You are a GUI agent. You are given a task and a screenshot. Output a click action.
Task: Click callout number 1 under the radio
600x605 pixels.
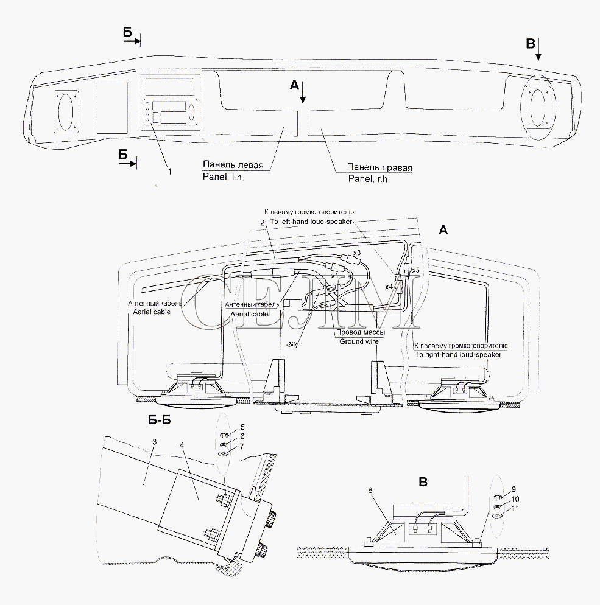click(x=170, y=172)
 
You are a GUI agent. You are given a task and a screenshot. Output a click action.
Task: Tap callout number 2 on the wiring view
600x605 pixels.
click(x=261, y=223)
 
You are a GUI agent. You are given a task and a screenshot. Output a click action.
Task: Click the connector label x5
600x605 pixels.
click(x=416, y=270)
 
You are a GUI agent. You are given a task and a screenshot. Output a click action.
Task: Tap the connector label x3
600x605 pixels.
click(x=358, y=253)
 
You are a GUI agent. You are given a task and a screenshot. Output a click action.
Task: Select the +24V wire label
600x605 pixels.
click(x=291, y=344)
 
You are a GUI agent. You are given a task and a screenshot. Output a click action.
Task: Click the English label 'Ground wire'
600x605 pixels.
click(x=359, y=341)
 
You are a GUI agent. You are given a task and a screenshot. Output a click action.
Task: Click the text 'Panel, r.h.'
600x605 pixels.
click(x=369, y=179)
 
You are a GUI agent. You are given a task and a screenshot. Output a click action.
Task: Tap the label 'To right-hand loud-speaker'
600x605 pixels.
click(x=458, y=354)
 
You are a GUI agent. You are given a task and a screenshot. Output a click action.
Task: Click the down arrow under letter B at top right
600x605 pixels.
click(x=538, y=55)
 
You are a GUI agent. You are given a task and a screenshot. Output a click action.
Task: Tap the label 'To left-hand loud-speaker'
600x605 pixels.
click(x=312, y=222)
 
